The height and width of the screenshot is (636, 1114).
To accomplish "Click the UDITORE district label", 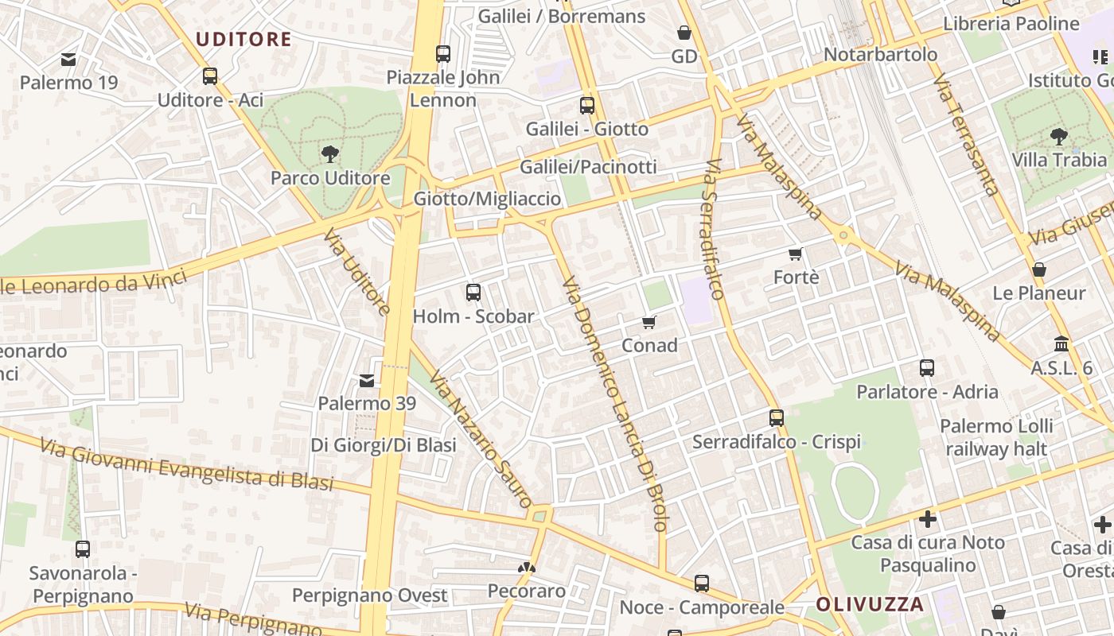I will (x=243, y=39).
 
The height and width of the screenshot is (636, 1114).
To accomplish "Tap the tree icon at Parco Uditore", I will (x=329, y=153).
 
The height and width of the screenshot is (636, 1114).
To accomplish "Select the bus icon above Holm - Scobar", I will (x=473, y=293).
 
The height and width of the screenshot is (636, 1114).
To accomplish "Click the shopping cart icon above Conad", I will (x=649, y=322).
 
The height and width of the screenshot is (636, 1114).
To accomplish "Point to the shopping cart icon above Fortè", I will (x=795, y=254).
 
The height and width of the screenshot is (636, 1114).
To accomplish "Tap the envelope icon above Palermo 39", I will (x=366, y=381).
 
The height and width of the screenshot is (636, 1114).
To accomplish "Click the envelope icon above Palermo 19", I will (x=68, y=59).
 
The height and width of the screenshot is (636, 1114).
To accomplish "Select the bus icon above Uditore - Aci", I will (x=210, y=76).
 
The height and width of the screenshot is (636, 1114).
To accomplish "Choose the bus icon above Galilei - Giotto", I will (x=587, y=105).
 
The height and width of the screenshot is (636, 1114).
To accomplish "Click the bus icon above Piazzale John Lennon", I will (x=443, y=54).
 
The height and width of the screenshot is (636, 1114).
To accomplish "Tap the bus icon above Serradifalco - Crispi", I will (x=777, y=417).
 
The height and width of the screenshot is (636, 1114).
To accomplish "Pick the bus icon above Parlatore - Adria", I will (x=927, y=368).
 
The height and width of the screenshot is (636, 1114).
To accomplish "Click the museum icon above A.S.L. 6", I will (x=1061, y=344).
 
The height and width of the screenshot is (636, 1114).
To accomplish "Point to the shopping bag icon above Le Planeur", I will (x=1038, y=270).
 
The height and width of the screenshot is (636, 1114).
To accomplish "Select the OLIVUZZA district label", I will (x=870, y=604).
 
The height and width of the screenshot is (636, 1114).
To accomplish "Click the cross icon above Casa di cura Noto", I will (x=927, y=520).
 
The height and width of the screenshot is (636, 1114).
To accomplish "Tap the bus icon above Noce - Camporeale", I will (x=702, y=584).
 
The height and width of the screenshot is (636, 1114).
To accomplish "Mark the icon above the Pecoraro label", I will (x=526, y=568).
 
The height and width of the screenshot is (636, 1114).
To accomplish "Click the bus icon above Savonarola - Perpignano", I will (x=82, y=549).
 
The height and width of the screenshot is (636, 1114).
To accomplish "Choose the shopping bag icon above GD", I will (x=684, y=33).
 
